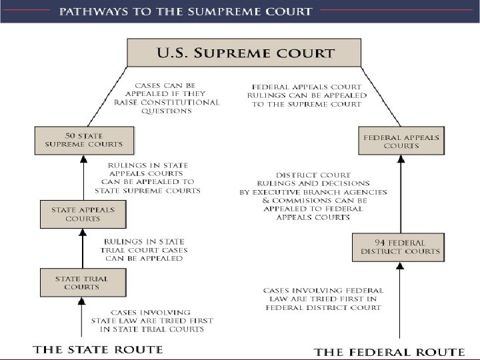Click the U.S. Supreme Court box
pos(244,52)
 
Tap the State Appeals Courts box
pos(83,214)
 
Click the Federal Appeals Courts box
pos(401,141)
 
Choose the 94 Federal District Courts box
pos(400,247)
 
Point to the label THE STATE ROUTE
pos(98,349)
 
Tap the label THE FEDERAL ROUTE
pos(389,351)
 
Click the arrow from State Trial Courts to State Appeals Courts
pos(83,248)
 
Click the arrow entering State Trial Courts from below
pos(83,319)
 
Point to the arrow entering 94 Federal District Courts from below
pos(400,300)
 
